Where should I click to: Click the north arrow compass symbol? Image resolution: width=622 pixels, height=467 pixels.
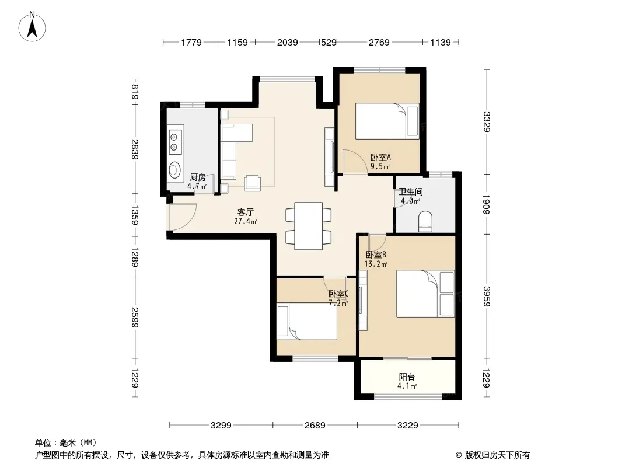coord(32,27)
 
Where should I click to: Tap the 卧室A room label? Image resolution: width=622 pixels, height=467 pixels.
coord(380,157)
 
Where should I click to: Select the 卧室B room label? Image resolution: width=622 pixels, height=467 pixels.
coord(376,255)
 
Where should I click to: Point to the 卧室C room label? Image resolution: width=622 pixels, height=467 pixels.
coord(338,294)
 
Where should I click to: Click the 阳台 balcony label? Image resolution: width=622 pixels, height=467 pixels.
coord(407,377)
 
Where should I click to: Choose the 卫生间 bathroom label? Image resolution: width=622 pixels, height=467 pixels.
coord(411,192)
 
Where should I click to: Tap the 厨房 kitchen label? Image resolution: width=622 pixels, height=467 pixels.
coord(198,177)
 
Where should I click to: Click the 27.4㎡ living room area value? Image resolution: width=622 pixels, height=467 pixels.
coord(246,221)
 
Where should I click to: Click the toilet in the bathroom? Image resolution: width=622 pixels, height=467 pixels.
coord(425,221)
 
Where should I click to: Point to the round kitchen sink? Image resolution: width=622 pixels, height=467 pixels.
coord(174,169)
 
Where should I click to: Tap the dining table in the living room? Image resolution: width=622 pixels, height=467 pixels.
coord(309,226)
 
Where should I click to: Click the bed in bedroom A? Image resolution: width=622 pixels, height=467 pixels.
coord(387,121)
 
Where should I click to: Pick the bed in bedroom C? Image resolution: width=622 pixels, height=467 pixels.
coord(307,322)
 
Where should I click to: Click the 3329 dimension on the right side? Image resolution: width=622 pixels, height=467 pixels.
coord(487,122)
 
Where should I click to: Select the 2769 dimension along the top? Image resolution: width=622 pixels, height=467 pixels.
coord(379,42)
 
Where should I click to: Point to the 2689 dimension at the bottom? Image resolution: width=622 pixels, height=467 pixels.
coord(315,426)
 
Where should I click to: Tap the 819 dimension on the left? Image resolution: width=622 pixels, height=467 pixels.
coord(135,92)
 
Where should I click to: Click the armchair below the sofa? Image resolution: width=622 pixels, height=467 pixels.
coord(253,183)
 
